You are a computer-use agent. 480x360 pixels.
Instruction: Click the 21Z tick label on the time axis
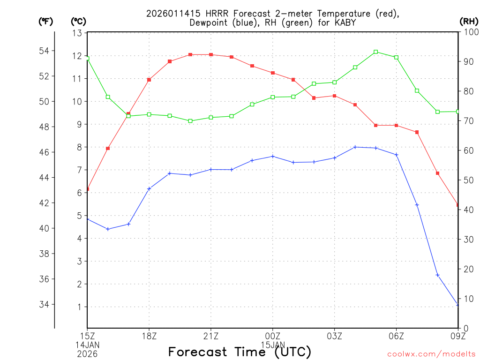[210, 336]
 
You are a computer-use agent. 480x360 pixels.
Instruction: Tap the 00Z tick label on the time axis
[272, 336]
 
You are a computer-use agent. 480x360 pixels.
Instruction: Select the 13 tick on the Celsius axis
[77, 33]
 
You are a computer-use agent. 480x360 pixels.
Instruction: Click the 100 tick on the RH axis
[470, 32]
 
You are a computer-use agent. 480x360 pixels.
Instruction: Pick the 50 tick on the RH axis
[468, 180]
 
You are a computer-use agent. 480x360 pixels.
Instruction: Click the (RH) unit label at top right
[469, 21]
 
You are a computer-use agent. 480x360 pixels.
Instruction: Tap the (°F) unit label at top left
[45, 21]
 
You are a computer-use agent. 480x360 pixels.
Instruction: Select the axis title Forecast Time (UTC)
[240, 352]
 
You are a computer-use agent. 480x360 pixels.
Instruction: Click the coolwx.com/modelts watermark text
[431, 354]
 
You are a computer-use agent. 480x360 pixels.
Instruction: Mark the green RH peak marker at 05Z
[376, 52]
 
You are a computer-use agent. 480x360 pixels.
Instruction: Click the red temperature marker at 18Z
[149, 80]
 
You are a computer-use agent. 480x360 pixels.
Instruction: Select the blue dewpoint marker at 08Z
[437, 275]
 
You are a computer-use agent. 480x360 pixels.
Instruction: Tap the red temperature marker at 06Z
[397, 125]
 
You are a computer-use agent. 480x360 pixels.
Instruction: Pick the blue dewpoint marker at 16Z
[108, 229]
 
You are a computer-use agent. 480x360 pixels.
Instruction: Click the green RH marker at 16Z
[108, 97]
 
